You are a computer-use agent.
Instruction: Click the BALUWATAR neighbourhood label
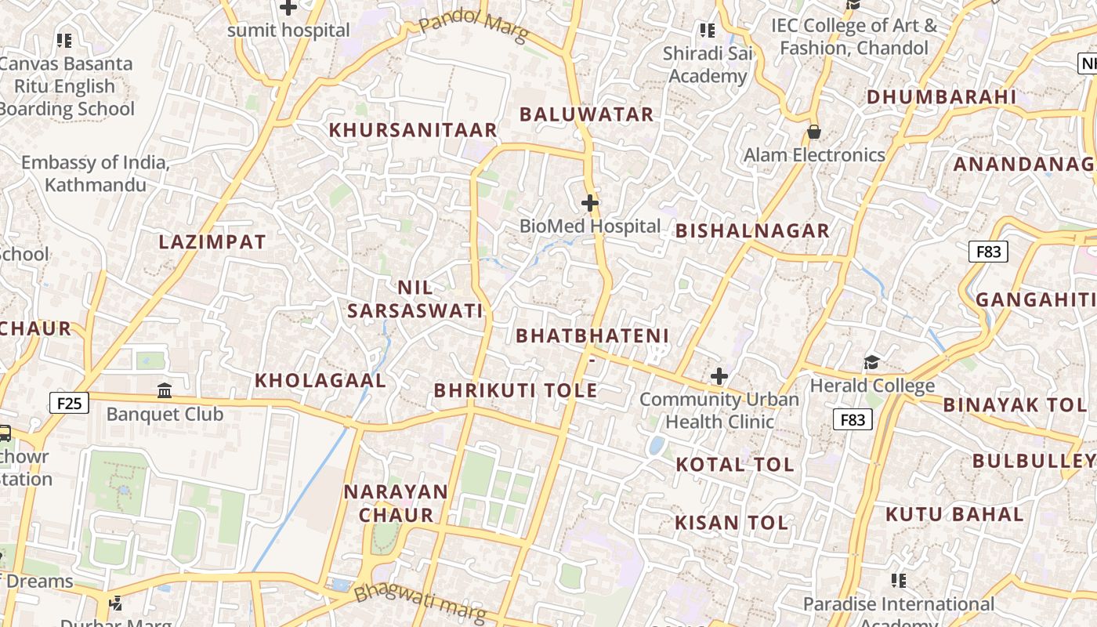click(586, 114)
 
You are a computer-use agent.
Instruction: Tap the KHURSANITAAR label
click(413, 130)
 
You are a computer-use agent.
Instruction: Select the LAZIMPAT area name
click(212, 242)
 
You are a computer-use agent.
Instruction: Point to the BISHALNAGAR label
click(751, 230)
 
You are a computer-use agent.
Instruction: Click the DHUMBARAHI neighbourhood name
click(941, 97)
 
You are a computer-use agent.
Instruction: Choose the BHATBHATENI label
click(592, 336)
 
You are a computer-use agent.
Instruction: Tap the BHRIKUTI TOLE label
click(516, 390)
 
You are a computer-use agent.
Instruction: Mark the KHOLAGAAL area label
click(320, 381)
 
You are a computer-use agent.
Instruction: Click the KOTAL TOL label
click(735, 464)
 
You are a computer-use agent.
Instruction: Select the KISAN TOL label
click(731, 523)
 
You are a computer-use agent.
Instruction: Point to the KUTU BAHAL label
click(954, 515)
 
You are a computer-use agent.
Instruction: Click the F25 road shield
click(69, 404)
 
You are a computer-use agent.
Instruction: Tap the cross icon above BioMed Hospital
click(590, 204)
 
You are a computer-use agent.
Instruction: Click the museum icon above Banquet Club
click(165, 390)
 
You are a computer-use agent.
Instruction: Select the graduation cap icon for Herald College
click(871, 362)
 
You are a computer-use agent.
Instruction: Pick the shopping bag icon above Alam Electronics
click(814, 132)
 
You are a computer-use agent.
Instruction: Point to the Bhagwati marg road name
click(418, 603)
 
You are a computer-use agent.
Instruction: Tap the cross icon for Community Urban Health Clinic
click(719, 377)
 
